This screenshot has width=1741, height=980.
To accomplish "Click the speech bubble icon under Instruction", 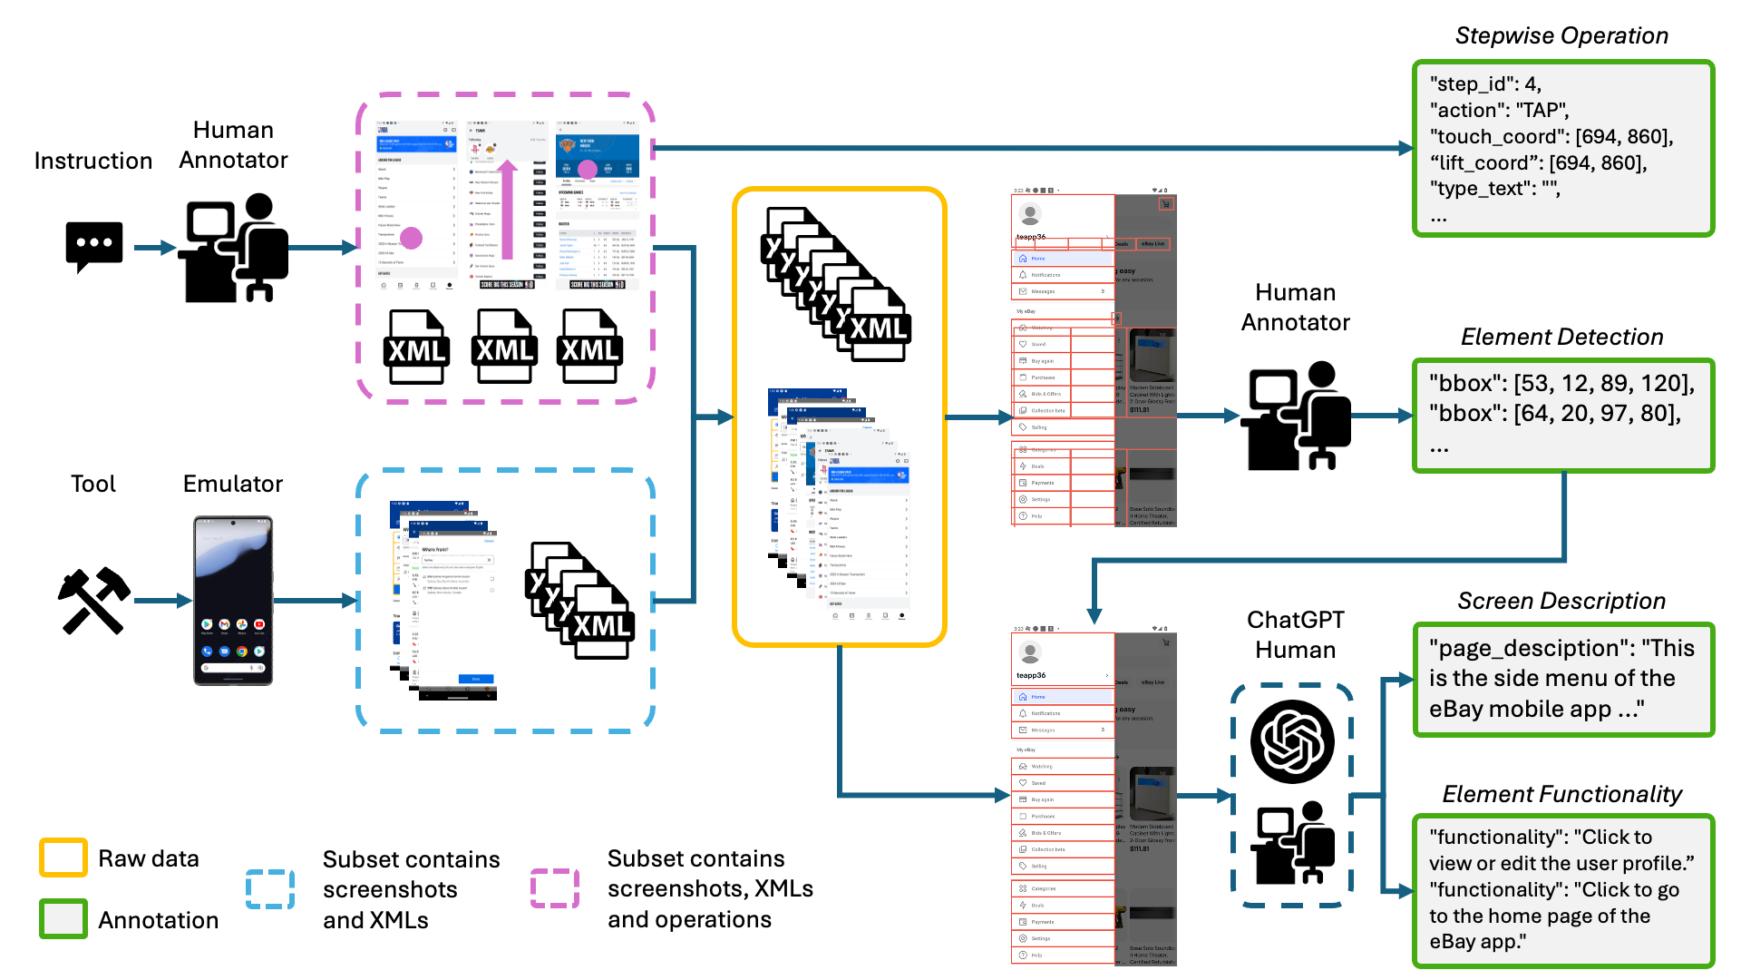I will click(93, 246).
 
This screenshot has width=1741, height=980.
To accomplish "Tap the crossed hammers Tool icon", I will click(94, 600).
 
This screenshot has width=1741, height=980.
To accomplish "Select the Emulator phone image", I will click(233, 600).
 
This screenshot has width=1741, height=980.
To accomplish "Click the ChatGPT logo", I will click(1292, 741).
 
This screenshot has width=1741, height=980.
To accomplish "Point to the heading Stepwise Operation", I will click(1561, 35).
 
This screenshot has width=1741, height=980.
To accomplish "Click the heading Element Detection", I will click(1561, 337).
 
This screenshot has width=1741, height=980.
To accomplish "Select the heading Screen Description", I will click(1561, 601).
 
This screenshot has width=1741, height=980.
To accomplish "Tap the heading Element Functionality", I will click(1561, 794).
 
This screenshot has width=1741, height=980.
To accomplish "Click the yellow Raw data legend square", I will click(63, 857).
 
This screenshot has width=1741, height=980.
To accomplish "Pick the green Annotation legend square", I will click(63, 918).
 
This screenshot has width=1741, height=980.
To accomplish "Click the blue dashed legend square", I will click(270, 889).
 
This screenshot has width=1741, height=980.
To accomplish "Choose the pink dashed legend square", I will click(555, 888).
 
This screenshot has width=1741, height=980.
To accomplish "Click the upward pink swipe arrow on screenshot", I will click(508, 209).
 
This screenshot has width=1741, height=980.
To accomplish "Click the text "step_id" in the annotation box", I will click(1469, 83).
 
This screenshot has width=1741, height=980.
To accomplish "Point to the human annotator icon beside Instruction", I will click(234, 247).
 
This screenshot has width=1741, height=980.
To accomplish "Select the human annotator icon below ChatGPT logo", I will click(1292, 843).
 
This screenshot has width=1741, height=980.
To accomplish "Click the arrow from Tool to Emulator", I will click(163, 600).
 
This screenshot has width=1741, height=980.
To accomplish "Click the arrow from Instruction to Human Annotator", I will click(155, 247).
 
